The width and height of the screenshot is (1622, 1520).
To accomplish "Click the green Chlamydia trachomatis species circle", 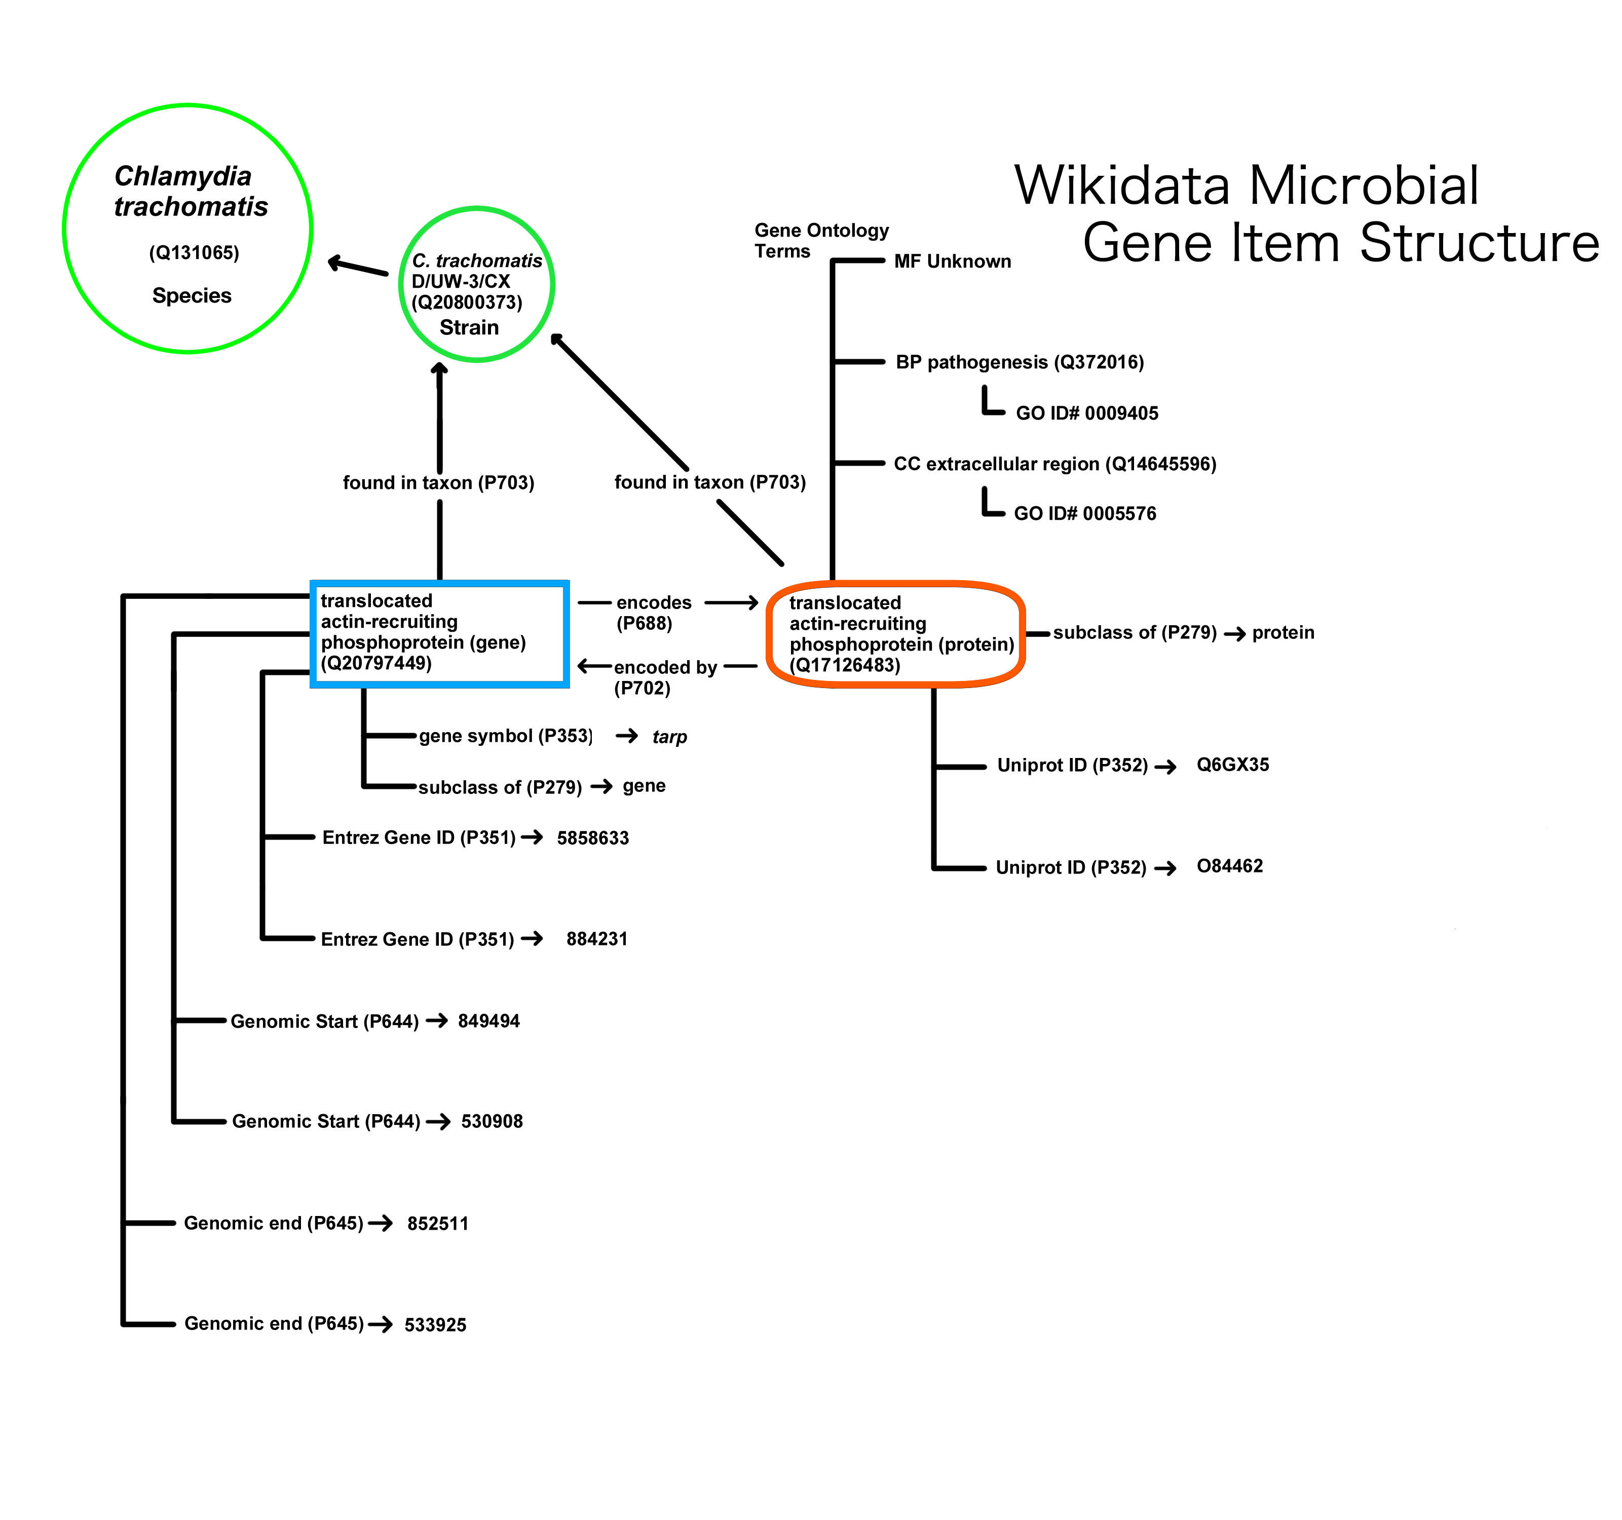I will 187,229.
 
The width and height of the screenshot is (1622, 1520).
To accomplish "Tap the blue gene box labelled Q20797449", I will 439,634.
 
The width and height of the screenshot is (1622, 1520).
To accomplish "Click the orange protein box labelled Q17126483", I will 895,634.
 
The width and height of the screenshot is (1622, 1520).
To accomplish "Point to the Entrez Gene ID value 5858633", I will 593,838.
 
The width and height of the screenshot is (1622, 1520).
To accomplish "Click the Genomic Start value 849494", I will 488,1020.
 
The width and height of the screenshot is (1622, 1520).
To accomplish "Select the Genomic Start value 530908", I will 492,1121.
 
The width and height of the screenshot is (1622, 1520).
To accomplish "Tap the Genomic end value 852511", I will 438,1223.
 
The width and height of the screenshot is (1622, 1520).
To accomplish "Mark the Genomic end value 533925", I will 436,1324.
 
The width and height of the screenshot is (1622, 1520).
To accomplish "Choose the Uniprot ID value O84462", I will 1230,866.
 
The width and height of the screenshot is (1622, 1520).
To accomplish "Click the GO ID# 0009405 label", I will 1087,413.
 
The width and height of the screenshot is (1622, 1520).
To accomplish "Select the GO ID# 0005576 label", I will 1085,513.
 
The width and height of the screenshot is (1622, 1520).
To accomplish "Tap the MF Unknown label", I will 952,261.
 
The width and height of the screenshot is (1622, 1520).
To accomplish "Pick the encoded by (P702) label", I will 664,677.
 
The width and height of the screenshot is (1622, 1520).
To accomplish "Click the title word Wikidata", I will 1122,185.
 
